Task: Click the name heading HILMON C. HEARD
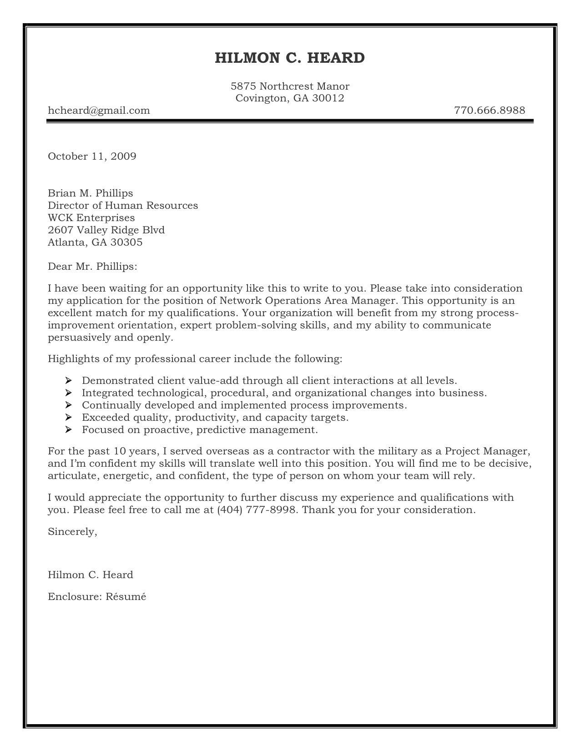(x=289, y=58)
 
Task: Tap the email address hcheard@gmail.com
(x=99, y=110)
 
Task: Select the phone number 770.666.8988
(x=489, y=110)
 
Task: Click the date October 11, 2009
(x=92, y=156)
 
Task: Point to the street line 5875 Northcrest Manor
(x=290, y=86)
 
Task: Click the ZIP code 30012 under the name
(x=328, y=98)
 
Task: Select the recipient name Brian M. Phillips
(x=90, y=193)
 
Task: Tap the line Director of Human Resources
(x=123, y=205)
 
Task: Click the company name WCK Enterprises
(x=91, y=217)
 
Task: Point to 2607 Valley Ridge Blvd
(x=106, y=230)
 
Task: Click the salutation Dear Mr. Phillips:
(x=92, y=267)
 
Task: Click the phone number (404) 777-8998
(x=257, y=510)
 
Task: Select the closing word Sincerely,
(x=72, y=531)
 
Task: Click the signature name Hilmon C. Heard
(x=90, y=575)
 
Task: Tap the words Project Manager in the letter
(x=487, y=452)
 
